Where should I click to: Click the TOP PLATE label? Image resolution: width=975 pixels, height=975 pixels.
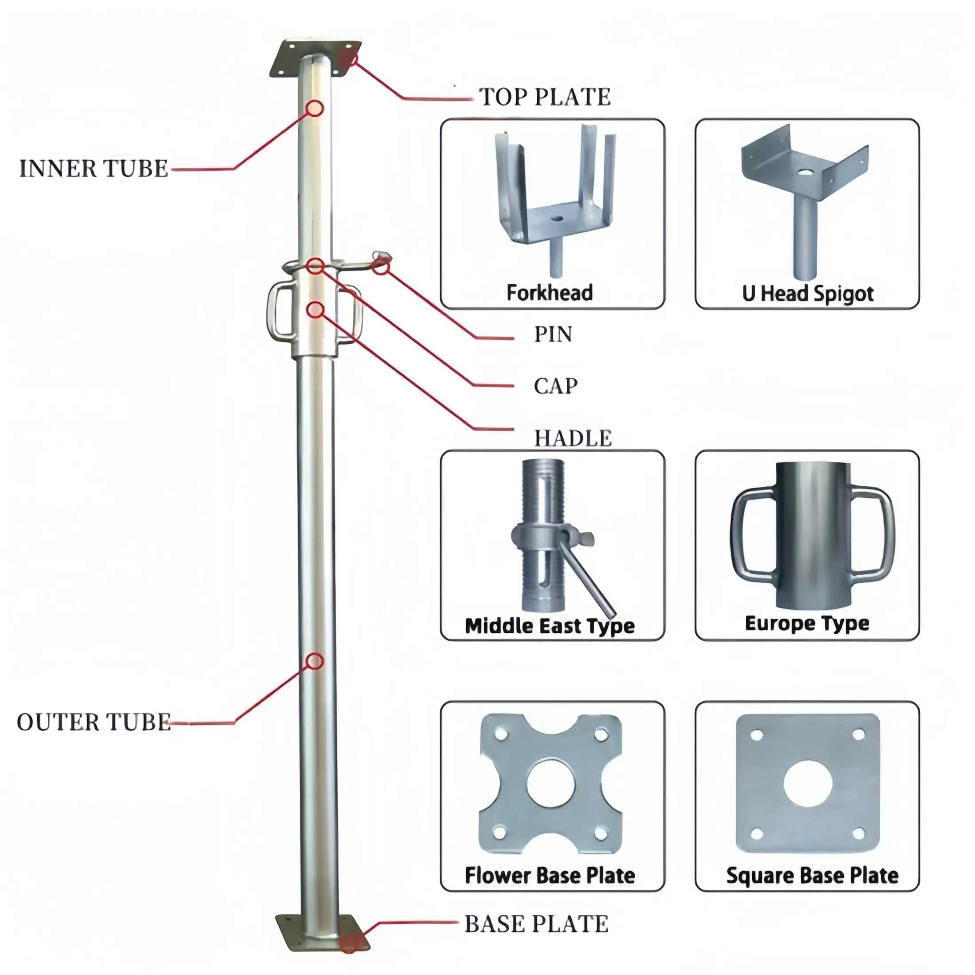tap(545, 97)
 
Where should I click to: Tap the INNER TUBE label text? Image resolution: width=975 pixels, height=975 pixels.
tap(94, 168)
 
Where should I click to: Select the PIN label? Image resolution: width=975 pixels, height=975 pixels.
tap(553, 334)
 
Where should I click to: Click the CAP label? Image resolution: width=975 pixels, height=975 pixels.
tap(556, 386)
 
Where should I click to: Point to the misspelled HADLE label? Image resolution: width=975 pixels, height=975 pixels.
tap(573, 438)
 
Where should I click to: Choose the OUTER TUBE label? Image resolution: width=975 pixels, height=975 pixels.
tap(94, 722)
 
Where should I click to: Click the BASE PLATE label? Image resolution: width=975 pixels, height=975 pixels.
tap(536, 924)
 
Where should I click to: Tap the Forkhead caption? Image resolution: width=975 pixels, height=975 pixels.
tap(550, 292)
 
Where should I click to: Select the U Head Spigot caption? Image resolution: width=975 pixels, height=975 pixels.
tap(807, 294)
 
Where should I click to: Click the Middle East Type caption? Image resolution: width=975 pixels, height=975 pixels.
tap(550, 626)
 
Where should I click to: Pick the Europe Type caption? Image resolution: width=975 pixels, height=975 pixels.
tap(807, 624)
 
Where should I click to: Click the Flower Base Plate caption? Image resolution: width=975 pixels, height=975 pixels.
tap(550, 876)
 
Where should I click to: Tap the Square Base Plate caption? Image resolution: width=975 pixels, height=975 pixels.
tap(812, 876)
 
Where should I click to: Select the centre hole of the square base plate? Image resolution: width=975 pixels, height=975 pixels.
tap(807, 784)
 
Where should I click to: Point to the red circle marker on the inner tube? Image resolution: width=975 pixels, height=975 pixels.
tap(315, 108)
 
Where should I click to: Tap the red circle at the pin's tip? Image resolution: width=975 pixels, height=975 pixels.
tap(381, 266)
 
